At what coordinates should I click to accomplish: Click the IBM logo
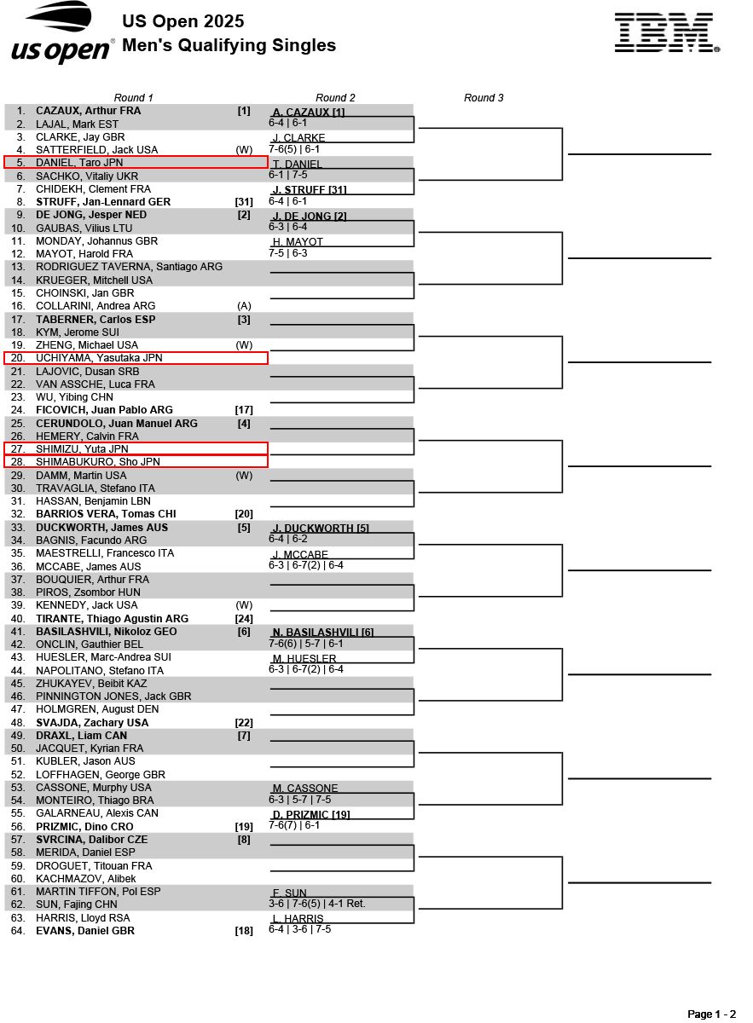667,33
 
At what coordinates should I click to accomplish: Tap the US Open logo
62,33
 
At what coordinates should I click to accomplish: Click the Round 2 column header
335,98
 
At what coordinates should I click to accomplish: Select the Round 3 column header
484,98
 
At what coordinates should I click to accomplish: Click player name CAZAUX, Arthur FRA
89,111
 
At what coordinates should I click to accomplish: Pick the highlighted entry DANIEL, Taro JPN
79,163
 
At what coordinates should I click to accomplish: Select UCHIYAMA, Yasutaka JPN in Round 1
99,358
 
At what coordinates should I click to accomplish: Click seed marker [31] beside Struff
244,202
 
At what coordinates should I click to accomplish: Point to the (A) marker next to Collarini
244,306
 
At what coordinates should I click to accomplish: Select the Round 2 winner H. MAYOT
298,242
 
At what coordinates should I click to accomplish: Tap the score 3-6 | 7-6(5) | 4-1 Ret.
316,904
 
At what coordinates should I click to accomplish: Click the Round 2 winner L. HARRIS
298,919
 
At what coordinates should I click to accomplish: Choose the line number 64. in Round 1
18,931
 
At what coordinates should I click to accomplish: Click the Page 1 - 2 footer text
711,1014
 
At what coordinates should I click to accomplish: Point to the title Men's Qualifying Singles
229,46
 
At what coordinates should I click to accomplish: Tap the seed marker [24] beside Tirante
244,619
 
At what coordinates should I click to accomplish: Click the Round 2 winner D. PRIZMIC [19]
311,815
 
